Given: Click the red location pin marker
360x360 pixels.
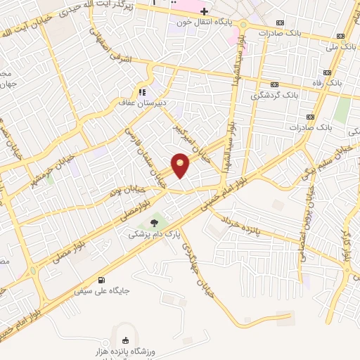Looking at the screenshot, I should click(181, 165).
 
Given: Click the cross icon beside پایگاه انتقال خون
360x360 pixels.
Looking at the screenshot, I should click(205, 11).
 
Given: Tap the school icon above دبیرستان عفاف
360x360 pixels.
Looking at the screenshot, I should click(142, 91).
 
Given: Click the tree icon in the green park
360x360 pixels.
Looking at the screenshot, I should click(155, 222).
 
